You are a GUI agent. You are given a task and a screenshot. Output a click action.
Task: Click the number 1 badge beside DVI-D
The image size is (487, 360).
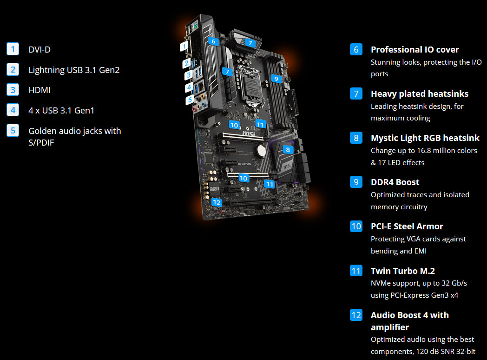tap(13, 49)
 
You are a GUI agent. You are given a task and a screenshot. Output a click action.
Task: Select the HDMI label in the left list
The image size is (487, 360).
tap(39, 90)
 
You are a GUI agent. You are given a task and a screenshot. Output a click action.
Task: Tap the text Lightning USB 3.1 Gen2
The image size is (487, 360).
tap(74, 70)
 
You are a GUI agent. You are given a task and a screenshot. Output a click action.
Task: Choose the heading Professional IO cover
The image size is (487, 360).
tap(415, 49)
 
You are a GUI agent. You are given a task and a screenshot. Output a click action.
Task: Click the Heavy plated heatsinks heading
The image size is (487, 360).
tap(419, 93)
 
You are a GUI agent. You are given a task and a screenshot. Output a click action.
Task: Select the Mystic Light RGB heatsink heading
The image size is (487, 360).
tap(425, 138)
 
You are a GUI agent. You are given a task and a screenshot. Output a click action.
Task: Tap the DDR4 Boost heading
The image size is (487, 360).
tap(395, 182)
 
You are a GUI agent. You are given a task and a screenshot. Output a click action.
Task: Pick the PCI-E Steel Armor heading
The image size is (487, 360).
tap(407, 226)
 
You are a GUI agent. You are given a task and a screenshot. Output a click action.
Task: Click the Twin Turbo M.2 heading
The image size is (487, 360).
tap(402, 271)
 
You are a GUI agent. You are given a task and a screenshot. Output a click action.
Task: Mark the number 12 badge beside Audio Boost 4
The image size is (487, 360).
tap(356, 315)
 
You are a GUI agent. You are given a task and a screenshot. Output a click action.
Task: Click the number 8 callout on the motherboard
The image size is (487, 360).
tap(288, 150)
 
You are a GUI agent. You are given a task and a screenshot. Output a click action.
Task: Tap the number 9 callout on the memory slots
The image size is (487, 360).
tap(276, 79)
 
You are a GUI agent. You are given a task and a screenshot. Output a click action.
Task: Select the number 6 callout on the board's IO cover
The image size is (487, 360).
tap(213, 41)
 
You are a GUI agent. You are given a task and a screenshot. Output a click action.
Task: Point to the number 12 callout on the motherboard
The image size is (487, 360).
tap(217, 202)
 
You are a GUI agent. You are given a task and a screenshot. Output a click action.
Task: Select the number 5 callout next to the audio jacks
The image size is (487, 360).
tap(189, 100)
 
